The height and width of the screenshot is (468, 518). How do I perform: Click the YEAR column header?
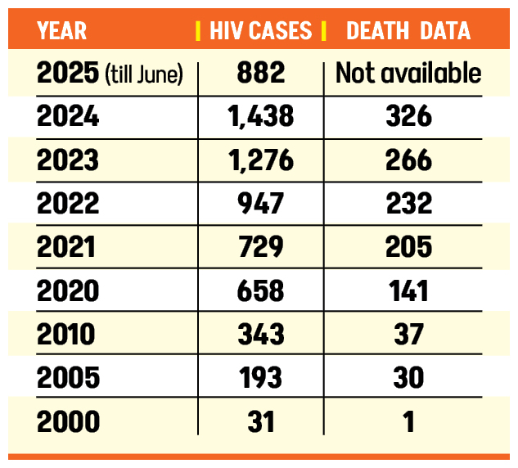tap(63, 31)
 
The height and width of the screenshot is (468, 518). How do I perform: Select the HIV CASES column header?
tap(260, 31)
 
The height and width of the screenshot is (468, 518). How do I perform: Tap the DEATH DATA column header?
tap(408, 31)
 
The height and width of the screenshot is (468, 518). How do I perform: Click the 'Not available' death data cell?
tap(408, 74)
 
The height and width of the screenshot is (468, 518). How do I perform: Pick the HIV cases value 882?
tap(260, 74)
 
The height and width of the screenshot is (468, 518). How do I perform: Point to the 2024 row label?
tap(68, 117)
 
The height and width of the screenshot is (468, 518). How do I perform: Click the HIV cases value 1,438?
tap(260, 117)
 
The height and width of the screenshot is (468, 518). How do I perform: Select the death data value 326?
tap(408, 117)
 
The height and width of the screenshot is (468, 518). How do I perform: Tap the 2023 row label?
tap(68, 160)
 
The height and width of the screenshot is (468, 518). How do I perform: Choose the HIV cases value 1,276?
tap(260, 160)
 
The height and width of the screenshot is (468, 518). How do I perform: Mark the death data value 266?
tap(408, 160)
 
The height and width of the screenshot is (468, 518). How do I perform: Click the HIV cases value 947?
tap(260, 203)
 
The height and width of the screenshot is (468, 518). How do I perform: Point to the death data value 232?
tap(408, 203)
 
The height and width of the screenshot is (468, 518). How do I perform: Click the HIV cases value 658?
tap(260, 290)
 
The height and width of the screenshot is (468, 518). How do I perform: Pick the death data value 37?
tap(408, 334)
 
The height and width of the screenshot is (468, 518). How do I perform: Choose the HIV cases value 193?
tap(260, 377)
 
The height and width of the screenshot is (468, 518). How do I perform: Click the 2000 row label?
tap(68, 421)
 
